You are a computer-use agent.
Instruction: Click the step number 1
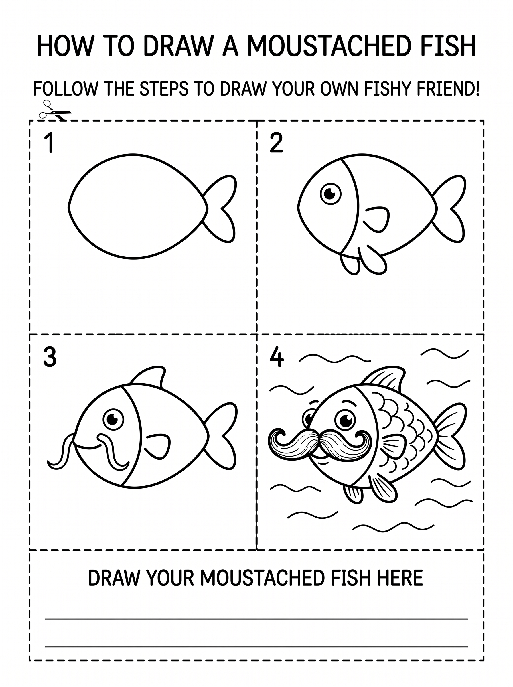click(49, 143)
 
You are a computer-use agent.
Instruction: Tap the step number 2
click(276, 143)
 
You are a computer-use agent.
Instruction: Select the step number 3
click(50, 357)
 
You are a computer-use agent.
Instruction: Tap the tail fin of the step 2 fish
click(450, 209)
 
